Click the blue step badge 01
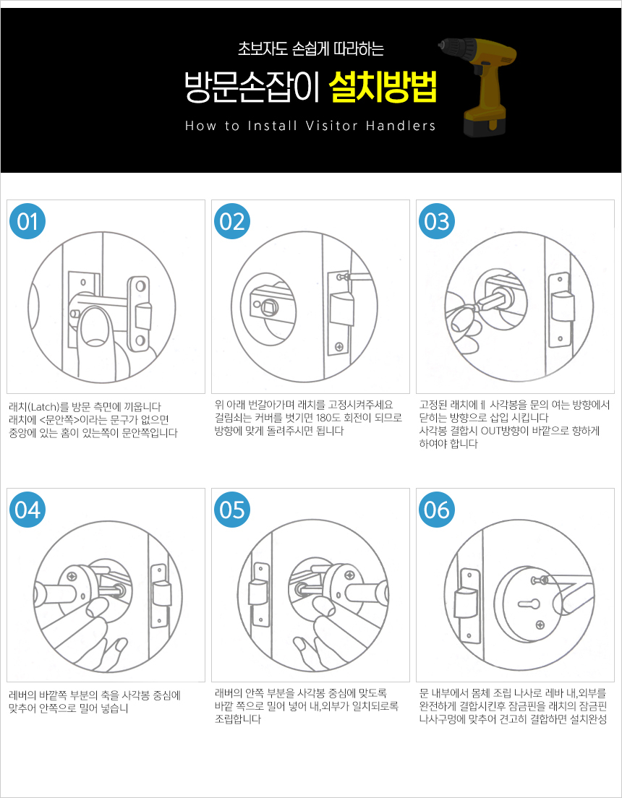(27, 221)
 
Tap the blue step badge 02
(232, 221)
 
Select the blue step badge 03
(437, 221)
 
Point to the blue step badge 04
(27, 510)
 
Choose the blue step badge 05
(232, 510)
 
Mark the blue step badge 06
(437, 510)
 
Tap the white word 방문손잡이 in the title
(252, 87)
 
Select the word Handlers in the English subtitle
(401, 126)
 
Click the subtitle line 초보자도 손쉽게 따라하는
(310, 49)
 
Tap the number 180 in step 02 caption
(324, 419)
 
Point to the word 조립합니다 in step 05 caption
(238, 720)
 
